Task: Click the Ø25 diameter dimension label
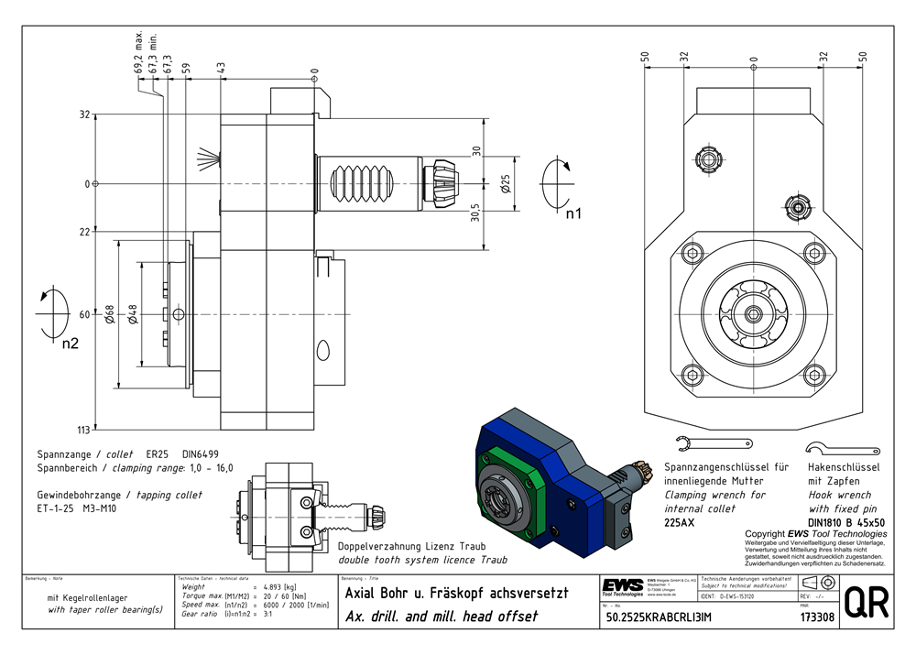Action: pyautogui.click(x=505, y=183)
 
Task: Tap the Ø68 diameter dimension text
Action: pyautogui.click(x=110, y=314)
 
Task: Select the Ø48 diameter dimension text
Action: pyautogui.click(x=134, y=314)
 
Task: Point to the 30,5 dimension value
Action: pyautogui.click(x=476, y=213)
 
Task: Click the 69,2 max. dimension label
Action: pyautogui.click(x=138, y=55)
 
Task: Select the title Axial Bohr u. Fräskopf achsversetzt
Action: pyautogui.click(x=455, y=594)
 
